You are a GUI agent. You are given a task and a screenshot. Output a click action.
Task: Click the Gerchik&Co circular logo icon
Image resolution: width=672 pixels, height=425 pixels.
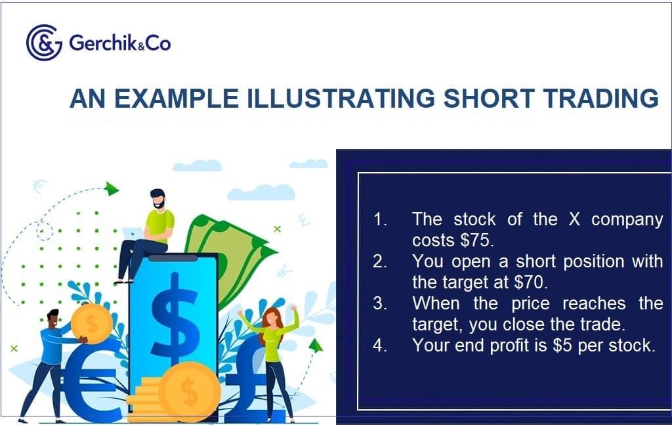pyautogui.click(x=44, y=43)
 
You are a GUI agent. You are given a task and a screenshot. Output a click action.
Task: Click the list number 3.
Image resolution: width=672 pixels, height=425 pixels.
pyautogui.click(x=380, y=303)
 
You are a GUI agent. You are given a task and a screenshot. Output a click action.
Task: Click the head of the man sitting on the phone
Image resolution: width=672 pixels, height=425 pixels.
pyautogui.click(x=157, y=198)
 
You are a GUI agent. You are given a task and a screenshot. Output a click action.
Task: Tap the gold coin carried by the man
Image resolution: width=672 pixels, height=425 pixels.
pyautogui.click(x=91, y=324)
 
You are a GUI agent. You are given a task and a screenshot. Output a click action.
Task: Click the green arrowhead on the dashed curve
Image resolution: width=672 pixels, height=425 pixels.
pyautogui.click(x=112, y=189)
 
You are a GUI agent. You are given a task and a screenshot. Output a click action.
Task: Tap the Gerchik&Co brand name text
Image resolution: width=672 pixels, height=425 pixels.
pyautogui.click(x=119, y=43)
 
